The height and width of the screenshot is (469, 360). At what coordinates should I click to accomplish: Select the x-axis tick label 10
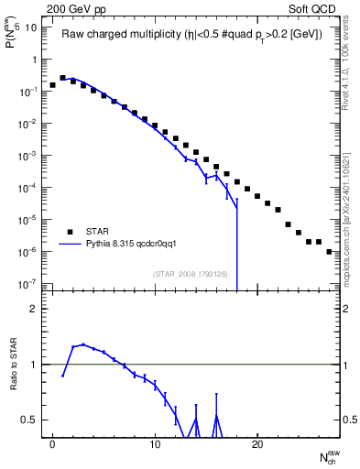click(156, 444)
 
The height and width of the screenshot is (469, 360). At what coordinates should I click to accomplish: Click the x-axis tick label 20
click(257, 444)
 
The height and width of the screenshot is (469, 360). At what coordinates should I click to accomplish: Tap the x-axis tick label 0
click(53, 444)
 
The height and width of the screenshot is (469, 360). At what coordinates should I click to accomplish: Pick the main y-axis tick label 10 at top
click(30, 27)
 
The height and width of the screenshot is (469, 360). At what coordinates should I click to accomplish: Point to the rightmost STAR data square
click(329, 251)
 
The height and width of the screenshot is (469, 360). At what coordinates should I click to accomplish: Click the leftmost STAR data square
click(53, 84)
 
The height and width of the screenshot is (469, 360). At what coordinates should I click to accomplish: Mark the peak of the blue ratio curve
click(83, 344)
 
